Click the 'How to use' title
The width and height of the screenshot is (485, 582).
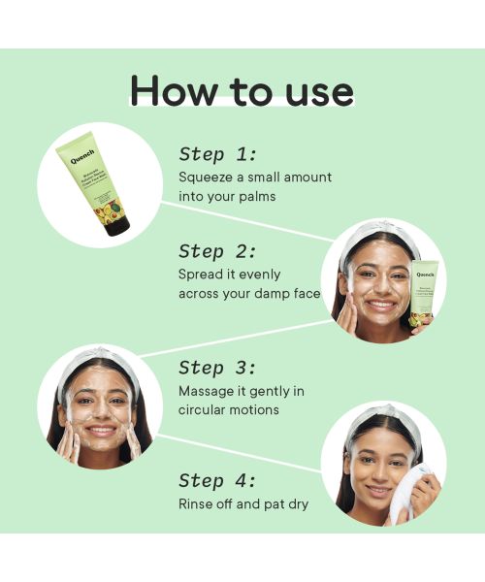coord(242,90)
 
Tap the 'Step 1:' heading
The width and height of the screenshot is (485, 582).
coord(218,154)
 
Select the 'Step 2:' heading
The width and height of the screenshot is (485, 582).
coord(218,251)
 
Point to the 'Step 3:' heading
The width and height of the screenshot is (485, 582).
coord(218,368)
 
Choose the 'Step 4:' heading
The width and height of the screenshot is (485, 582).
coord(218,481)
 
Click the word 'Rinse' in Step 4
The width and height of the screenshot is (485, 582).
coord(197,504)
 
